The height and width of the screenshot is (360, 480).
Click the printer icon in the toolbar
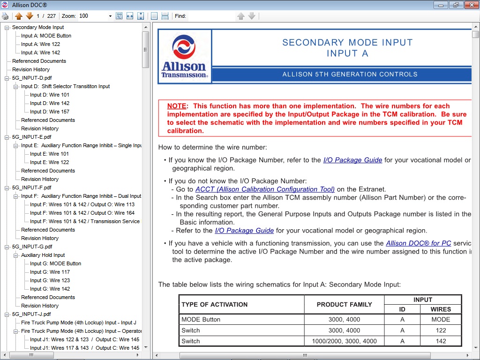(x=5, y=16)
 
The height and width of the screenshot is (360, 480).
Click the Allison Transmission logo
(x=184, y=57)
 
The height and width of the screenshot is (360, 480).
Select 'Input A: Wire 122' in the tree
(x=40, y=44)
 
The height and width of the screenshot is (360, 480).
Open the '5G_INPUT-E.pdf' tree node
(x=32, y=137)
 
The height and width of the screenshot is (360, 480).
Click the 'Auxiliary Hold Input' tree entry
(x=43, y=255)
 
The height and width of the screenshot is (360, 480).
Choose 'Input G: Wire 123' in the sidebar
(x=50, y=280)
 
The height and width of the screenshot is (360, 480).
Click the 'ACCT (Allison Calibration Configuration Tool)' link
(x=265, y=189)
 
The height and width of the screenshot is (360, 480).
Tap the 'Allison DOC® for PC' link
(x=418, y=243)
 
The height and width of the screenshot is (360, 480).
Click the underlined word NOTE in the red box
(x=177, y=106)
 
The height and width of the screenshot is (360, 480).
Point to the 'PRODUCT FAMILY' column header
(x=344, y=304)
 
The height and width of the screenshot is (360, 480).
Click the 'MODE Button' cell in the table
(x=201, y=319)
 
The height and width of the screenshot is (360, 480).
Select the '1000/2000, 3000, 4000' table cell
(x=344, y=341)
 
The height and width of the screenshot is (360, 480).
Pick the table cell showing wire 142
(x=441, y=341)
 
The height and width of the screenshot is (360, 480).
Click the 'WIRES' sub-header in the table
(x=441, y=309)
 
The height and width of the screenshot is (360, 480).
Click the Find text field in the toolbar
(x=211, y=16)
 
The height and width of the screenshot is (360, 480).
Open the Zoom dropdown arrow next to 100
(x=110, y=16)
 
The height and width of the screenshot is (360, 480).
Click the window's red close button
(x=470, y=5)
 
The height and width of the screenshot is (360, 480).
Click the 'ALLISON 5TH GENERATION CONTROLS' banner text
(x=350, y=74)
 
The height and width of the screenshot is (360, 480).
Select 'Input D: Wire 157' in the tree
(x=50, y=112)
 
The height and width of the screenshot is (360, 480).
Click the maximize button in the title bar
(x=455, y=5)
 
